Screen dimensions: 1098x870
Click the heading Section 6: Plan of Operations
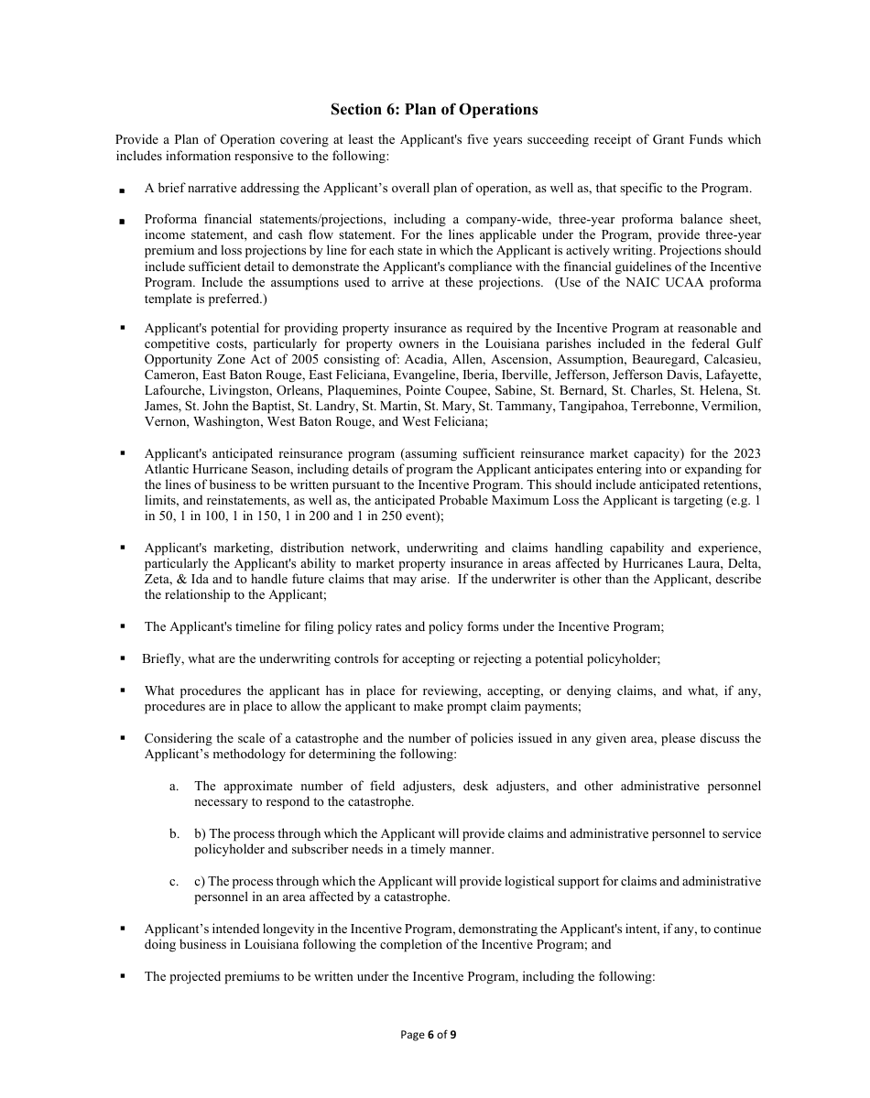click(x=434, y=110)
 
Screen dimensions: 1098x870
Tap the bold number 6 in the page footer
click(x=430, y=1035)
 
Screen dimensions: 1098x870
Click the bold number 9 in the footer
click(x=452, y=1035)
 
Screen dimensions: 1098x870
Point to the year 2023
click(x=746, y=453)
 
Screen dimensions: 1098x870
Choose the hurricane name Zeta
click(x=159, y=579)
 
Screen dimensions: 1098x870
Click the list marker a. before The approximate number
click(x=174, y=787)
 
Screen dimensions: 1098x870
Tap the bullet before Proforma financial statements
click(x=123, y=222)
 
